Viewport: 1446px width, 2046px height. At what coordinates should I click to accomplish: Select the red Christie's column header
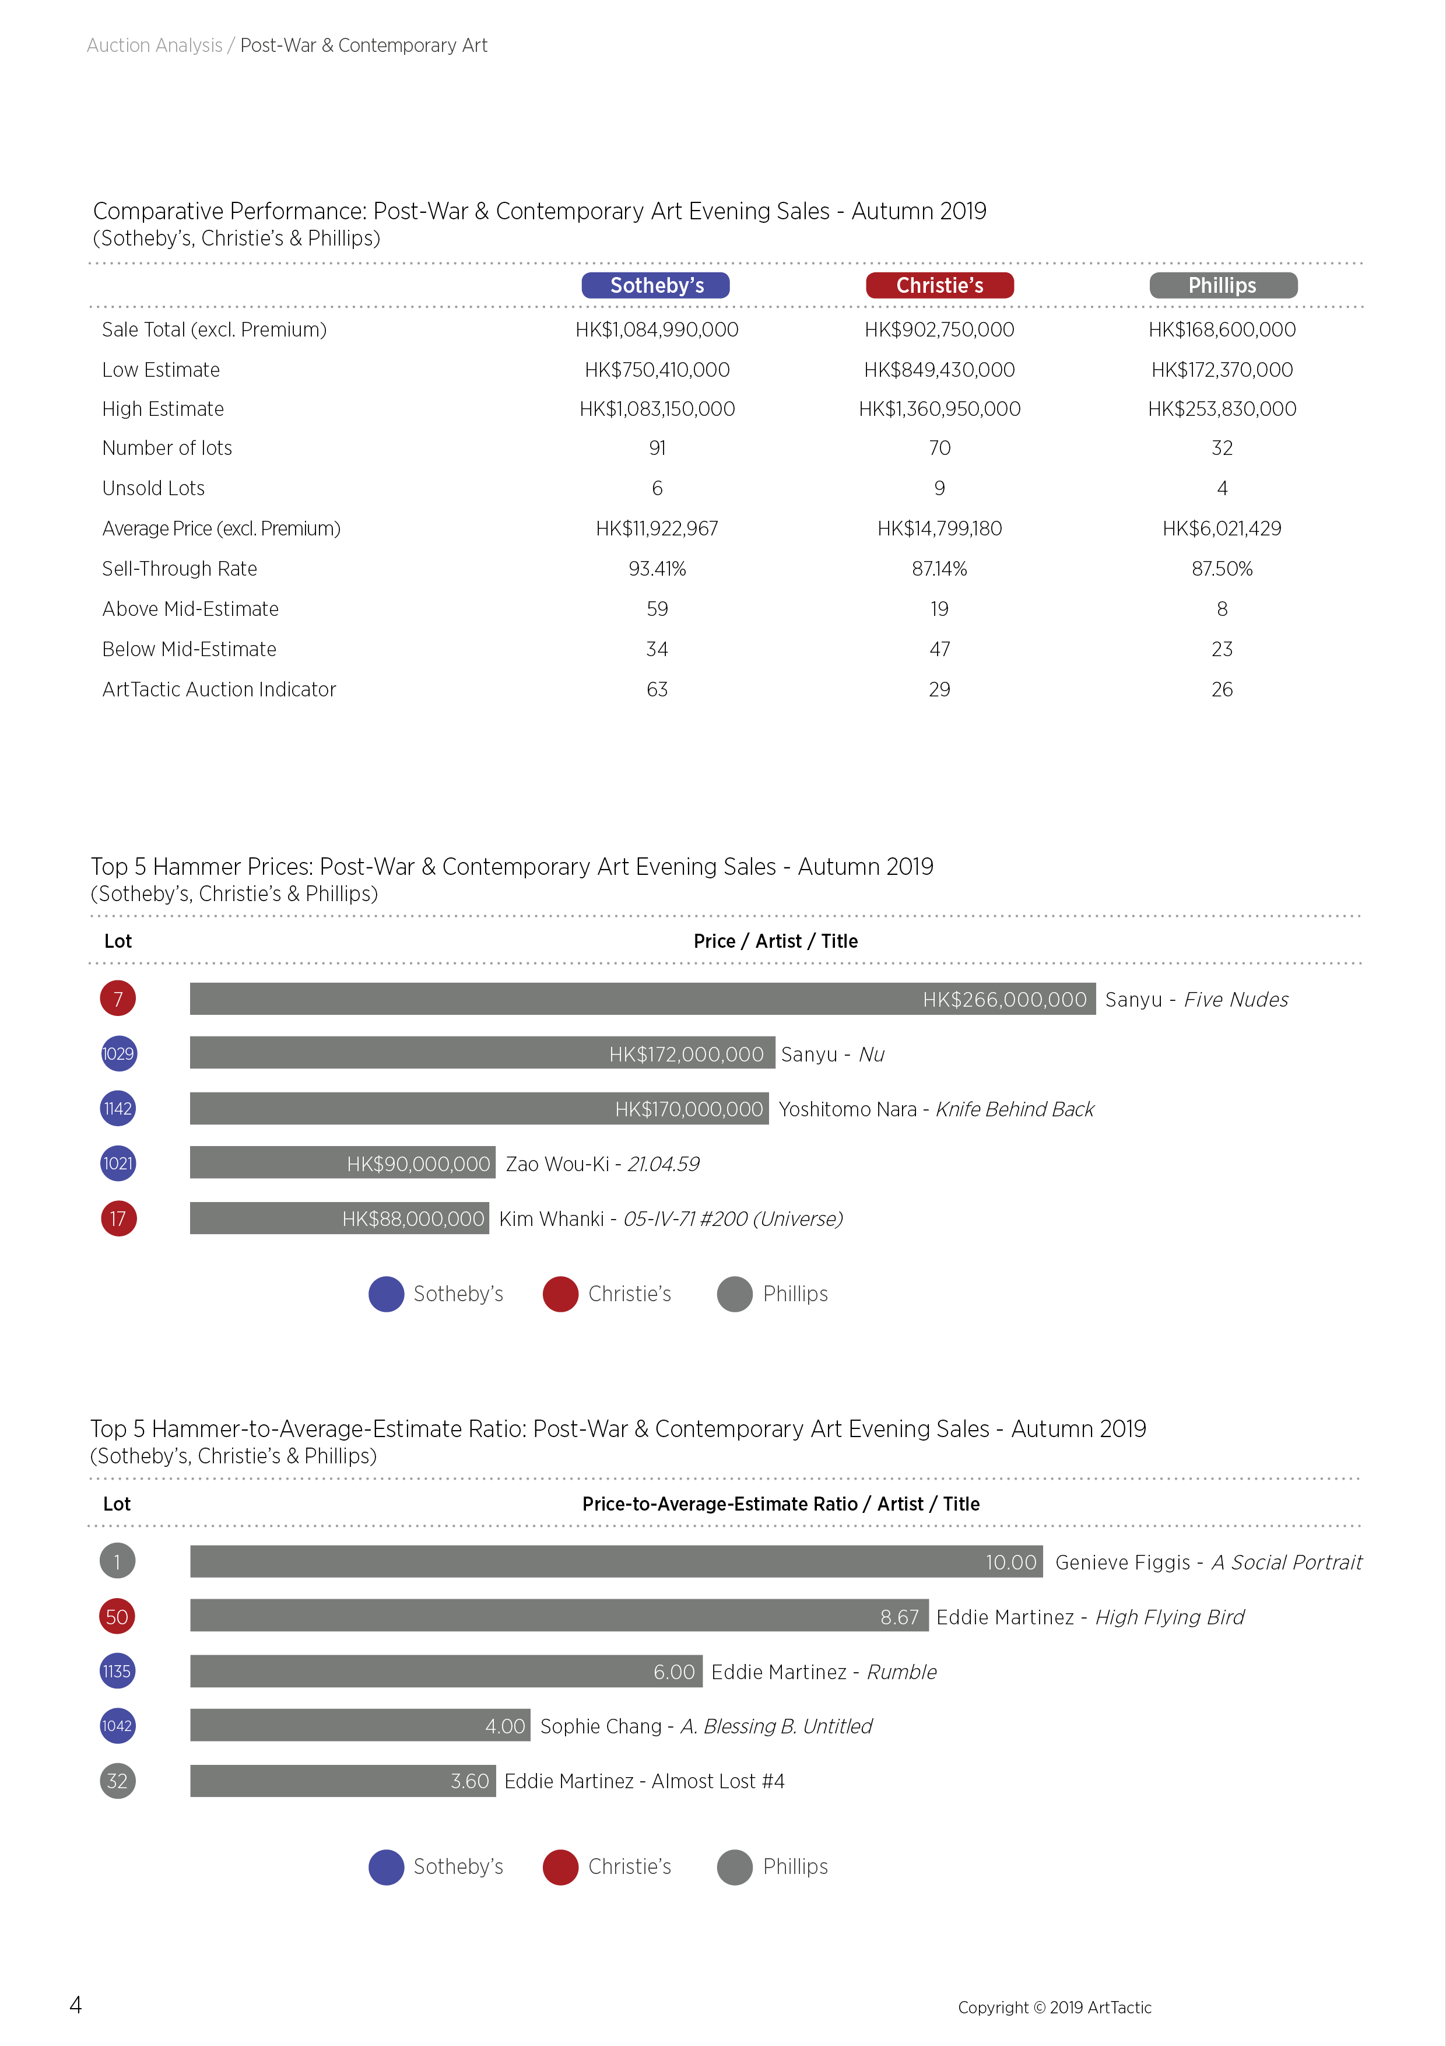pyautogui.click(x=939, y=285)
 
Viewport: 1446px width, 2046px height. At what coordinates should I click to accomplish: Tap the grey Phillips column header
pyautogui.click(x=1222, y=285)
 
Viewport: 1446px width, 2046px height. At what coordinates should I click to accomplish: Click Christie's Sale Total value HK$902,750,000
pyautogui.click(x=939, y=330)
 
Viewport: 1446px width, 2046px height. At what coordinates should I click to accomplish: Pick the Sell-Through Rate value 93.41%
pyautogui.click(x=657, y=569)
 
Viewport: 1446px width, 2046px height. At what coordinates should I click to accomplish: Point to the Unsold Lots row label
pyautogui.click(x=153, y=488)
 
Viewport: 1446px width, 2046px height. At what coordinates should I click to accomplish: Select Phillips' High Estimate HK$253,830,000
pyautogui.click(x=1222, y=409)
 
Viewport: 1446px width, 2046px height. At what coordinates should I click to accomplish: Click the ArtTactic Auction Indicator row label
pyautogui.click(x=219, y=689)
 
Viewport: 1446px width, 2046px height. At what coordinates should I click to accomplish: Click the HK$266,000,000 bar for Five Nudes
pyautogui.click(x=643, y=999)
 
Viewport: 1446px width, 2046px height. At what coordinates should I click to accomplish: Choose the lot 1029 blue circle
pyautogui.click(x=118, y=1053)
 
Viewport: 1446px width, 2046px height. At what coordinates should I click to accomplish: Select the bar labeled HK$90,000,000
pyautogui.click(x=342, y=1163)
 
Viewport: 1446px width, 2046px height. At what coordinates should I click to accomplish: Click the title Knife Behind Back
pyautogui.click(x=1015, y=1109)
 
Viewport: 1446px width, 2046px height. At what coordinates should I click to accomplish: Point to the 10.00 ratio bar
pyautogui.click(x=616, y=1561)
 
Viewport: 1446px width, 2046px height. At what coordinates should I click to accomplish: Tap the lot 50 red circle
pyautogui.click(x=117, y=1617)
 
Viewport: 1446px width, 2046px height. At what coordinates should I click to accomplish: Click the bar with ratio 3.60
pyautogui.click(x=342, y=1781)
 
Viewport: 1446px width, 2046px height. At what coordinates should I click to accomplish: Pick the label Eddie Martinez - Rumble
pyautogui.click(x=824, y=1672)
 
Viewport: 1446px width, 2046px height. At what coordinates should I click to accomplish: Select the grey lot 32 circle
pyautogui.click(x=117, y=1781)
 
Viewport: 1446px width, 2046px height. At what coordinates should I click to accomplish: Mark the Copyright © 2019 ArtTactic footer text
pyautogui.click(x=1055, y=2007)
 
